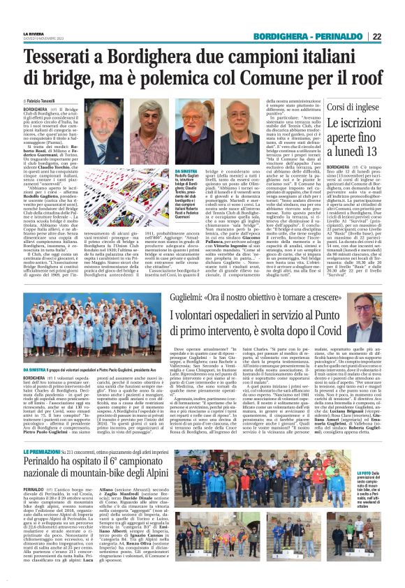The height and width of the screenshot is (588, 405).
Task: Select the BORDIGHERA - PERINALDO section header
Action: (312, 36)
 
